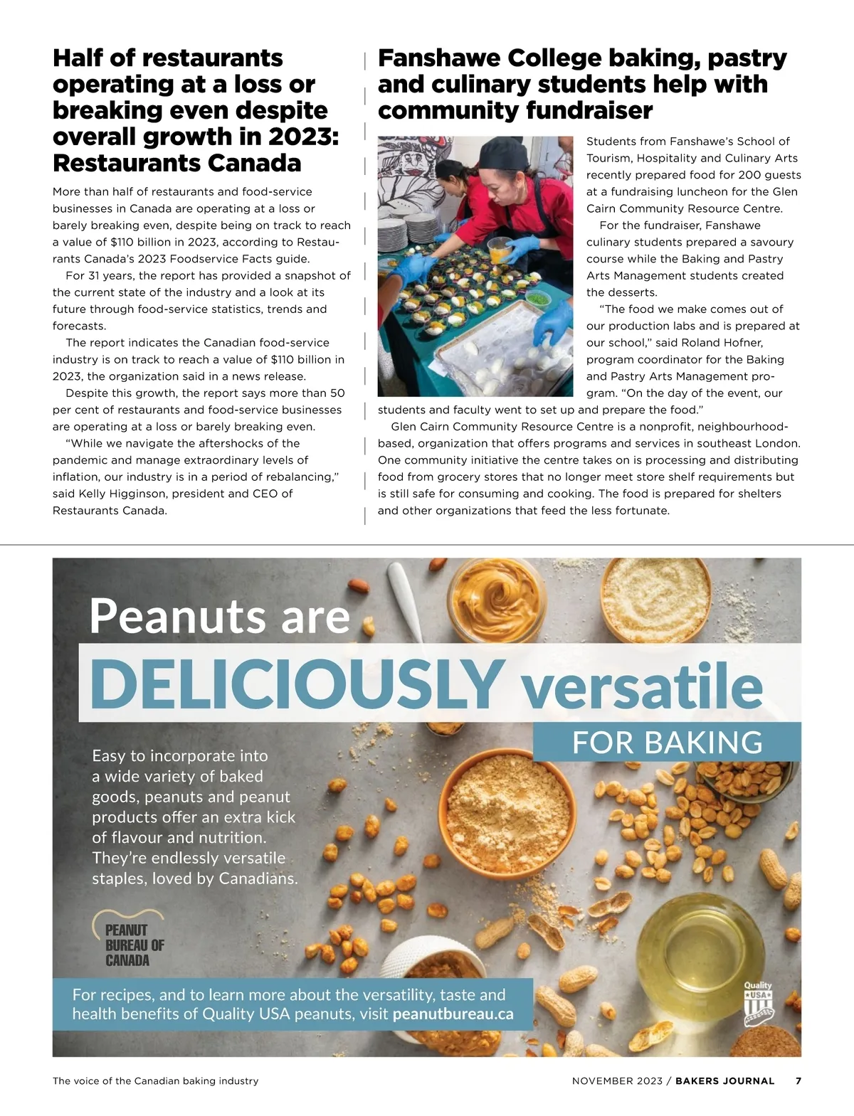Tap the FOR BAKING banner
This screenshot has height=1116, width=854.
[x=667, y=743]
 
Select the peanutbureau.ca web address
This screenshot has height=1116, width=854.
[x=453, y=1014]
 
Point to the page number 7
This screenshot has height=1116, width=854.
[x=798, y=1081]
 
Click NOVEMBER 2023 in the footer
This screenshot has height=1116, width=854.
[x=616, y=1081]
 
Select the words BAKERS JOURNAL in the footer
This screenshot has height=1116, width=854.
[x=724, y=1081]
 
